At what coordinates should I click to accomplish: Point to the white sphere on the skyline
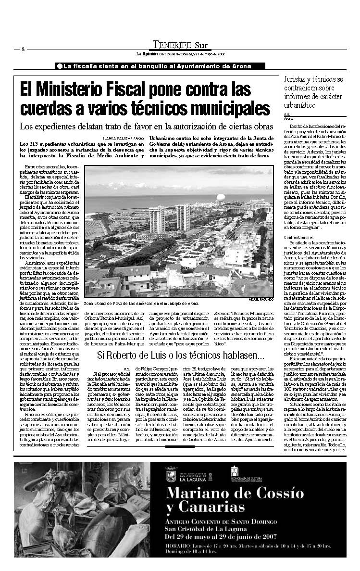coord(221,197)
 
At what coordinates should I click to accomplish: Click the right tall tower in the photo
coord(183,216)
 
